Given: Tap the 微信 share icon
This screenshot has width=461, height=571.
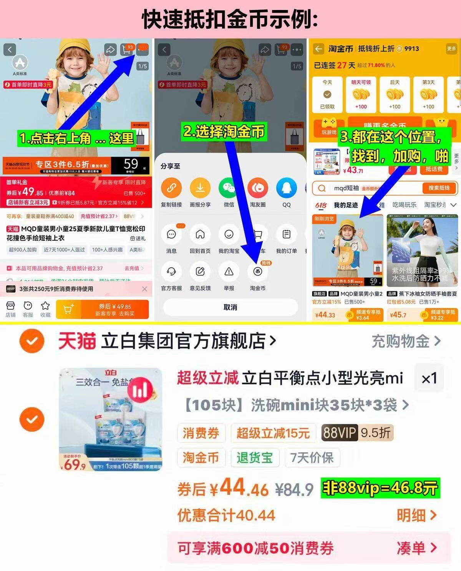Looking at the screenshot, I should pyautogui.click(x=229, y=188).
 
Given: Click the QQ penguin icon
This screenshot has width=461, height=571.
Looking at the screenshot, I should pyautogui.click(x=286, y=188).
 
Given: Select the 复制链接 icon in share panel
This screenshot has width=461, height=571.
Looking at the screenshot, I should pyautogui.click(x=171, y=188).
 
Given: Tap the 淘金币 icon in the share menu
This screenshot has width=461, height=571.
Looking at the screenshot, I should pyautogui.click(x=257, y=272).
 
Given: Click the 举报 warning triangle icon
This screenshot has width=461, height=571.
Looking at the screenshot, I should pyautogui.click(x=229, y=272).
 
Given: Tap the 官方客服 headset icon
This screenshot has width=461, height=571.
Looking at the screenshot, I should pyautogui.click(x=171, y=272).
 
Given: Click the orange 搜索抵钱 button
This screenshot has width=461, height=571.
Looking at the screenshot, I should pyautogui.click(x=439, y=188).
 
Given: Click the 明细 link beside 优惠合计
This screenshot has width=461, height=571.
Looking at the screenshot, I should pyautogui.click(x=416, y=515).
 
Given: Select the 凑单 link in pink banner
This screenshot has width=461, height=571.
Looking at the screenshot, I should pyautogui.click(x=416, y=548).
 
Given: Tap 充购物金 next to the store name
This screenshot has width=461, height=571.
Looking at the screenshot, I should pyautogui.click(x=406, y=341).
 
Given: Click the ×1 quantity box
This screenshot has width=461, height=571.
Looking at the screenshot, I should pyautogui.click(x=429, y=378).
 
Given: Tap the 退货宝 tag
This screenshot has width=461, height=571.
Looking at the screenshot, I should pyautogui.click(x=254, y=458).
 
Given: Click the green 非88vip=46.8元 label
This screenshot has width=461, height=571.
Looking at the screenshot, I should pyautogui.click(x=380, y=488).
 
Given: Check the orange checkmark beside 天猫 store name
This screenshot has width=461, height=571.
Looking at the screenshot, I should pyautogui.click(x=32, y=341).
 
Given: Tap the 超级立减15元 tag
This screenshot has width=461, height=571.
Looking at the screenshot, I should pyautogui.click(x=273, y=433).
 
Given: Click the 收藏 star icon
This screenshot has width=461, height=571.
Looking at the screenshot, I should pyautogui.click(x=45, y=306).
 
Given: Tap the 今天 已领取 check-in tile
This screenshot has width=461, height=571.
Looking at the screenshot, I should pyautogui.click(x=327, y=95).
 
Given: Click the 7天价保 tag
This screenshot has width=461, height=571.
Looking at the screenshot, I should pyautogui.click(x=312, y=458).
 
